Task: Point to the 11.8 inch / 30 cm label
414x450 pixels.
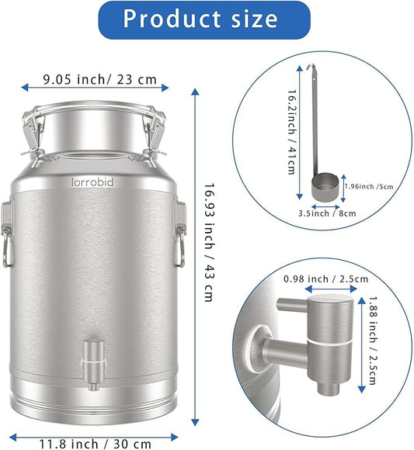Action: coord(96,444)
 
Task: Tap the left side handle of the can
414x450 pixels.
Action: coord(7,233)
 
